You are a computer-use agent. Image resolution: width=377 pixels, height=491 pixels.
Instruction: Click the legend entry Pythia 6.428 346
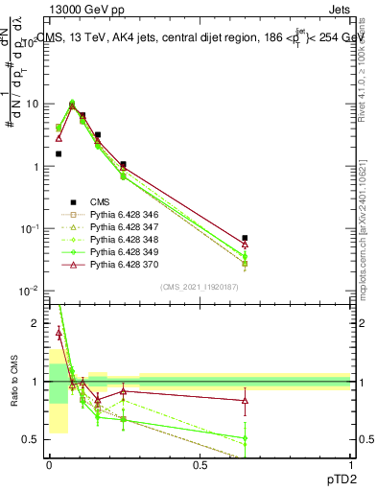pos(119,215)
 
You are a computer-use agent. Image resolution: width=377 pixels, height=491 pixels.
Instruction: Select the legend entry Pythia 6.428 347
pos(119,227)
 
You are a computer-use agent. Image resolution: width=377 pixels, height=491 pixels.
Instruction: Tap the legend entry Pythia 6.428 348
pos(119,240)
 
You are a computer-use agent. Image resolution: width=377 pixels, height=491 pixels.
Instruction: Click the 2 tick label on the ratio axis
pos(38,324)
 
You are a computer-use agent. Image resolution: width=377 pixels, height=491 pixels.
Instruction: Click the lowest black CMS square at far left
pos(59,153)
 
